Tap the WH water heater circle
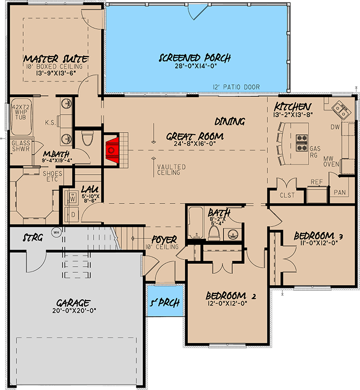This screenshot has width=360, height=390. (x=56, y=232)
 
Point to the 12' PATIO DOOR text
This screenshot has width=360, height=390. (x=236, y=87)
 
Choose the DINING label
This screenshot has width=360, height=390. (x=229, y=121)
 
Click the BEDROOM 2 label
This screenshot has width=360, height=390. (x=231, y=296)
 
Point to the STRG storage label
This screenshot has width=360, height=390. (x=33, y=238)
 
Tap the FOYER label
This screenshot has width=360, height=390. (x=164, y=239)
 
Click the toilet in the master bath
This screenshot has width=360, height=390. (x=87, y=138)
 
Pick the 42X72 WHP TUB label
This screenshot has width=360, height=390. (x=20, y=114)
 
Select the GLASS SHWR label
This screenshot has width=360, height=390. (x=20, y=145)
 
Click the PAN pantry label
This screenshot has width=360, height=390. (x=339, y=192)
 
